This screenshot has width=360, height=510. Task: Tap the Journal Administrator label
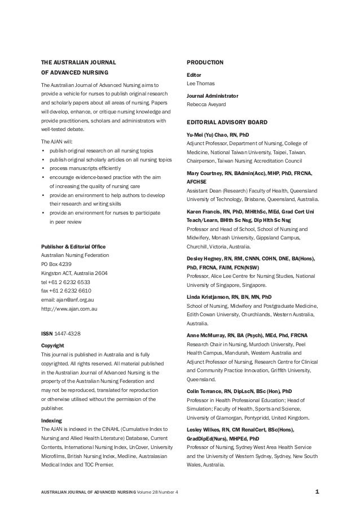[x=212, y=96]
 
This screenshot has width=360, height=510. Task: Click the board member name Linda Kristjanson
[x=209, y=297]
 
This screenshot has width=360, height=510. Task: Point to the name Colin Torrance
[x=205, y=390]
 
